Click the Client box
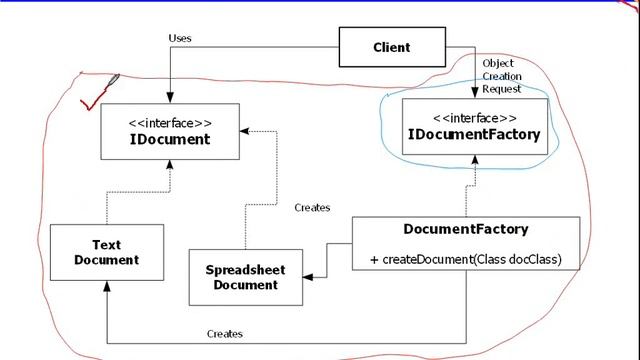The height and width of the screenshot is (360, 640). pyautogui.click(x=392, y=47)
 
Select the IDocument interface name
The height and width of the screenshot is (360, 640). pyautogui.click(x=170, y=139)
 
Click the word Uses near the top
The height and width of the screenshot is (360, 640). pyautogui.click(x=181, y=38)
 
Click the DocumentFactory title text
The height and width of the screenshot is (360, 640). pyautogui.click(x=466, y=229)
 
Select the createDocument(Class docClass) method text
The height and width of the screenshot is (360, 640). pyautogui.click(x=466, y=260)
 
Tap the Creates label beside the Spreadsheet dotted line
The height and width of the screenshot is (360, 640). pyautogui.click(x=312, y=208)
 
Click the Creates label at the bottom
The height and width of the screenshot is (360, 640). pyautogui.click(x=224, y=333)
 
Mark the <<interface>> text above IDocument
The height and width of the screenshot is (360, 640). pyautogui.click(x=170, y=122)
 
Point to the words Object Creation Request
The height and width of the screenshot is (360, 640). pyautogui.click(x=502, y=76)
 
